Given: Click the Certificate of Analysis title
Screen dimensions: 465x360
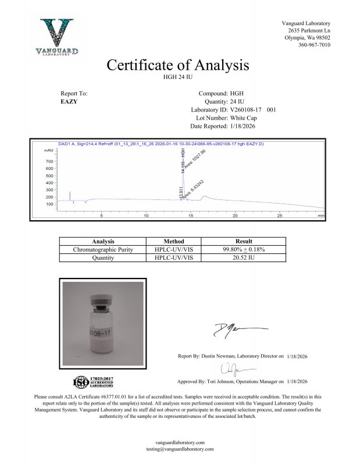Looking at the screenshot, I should click(178, 65).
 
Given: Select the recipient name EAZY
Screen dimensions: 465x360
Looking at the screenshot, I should click(69, 101).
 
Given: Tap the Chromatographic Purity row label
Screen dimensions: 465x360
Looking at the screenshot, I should click(103, 249).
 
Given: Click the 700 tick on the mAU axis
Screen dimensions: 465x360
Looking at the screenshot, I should click(49, 161).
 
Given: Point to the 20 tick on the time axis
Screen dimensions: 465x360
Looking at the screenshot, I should click(236, 216).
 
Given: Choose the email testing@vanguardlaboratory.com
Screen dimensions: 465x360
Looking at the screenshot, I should click(180, 449).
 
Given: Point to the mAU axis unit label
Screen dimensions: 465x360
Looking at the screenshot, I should click(49, 150).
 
